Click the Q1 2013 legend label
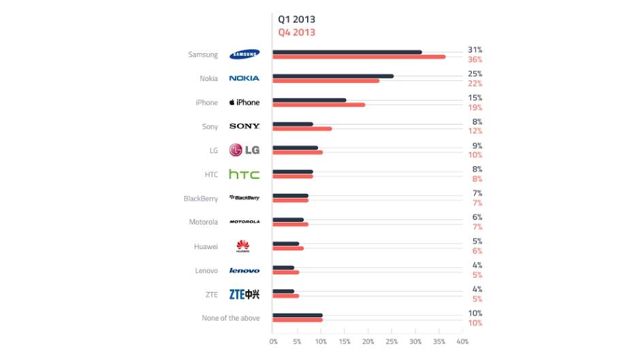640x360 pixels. (296, 19)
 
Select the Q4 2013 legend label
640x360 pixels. (296, 32)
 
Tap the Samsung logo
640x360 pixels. (244, 54)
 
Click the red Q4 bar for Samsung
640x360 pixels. (359, 56)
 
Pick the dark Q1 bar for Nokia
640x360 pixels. (333, 76)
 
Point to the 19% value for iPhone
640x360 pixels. (475, 108)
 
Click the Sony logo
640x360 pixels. (244, 127)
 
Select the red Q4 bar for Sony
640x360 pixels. (302, 129)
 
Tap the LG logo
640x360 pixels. (244, 150)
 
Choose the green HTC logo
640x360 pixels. (244, 174)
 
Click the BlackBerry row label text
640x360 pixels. (201, 199)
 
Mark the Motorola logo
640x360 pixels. (244, 222)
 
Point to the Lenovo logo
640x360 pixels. (244, 270)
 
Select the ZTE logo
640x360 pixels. (244, 294)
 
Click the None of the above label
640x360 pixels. (231, 318)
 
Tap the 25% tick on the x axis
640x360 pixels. (391, 341)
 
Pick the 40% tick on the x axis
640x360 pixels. (462, 341)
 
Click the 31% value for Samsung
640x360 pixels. (475, 50)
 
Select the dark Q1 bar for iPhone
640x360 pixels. (309, 100)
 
